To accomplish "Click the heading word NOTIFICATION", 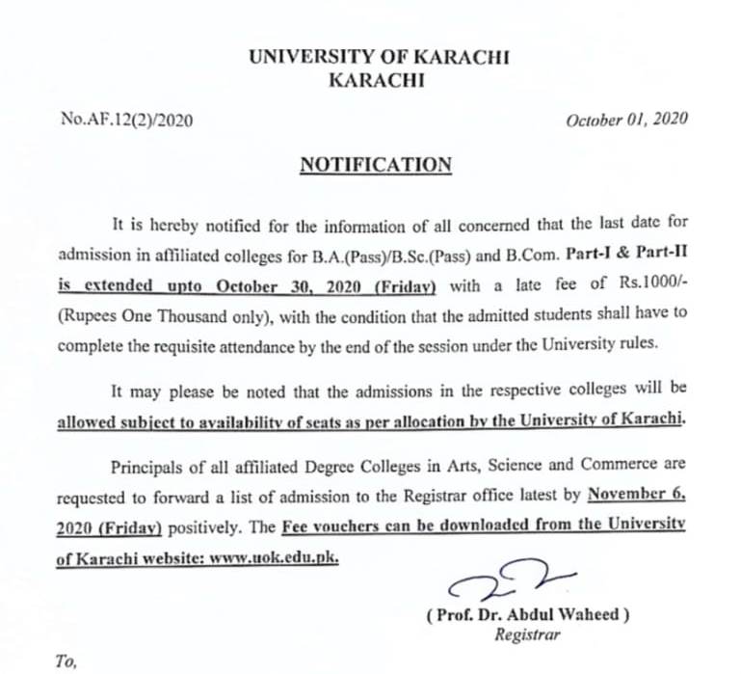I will click(376, 165).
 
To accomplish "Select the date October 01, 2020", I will click(626, 120).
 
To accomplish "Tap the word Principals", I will click(148, 467).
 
